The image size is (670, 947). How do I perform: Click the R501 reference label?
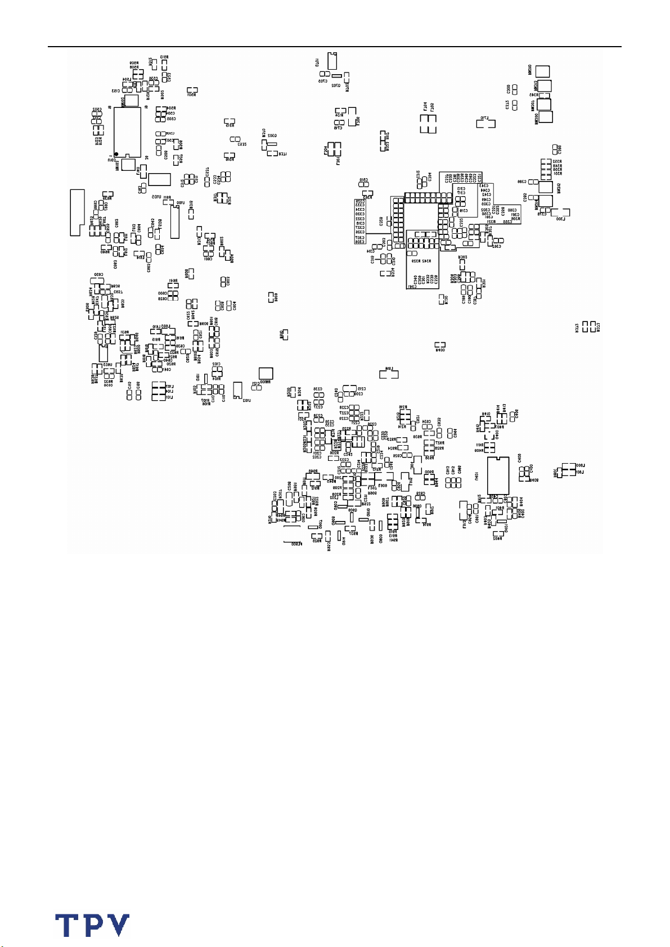point(191,95)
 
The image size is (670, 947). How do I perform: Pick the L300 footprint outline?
point(561,213)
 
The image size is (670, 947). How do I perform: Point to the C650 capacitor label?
point(98,275)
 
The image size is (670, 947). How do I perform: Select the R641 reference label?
point(173,280)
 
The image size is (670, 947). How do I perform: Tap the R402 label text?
point(497,538)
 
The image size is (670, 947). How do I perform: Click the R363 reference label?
point(369,197)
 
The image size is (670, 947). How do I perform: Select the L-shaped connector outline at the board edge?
point(77,212)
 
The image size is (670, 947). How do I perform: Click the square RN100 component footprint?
point(266,373)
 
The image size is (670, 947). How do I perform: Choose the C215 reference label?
point(362,388)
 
